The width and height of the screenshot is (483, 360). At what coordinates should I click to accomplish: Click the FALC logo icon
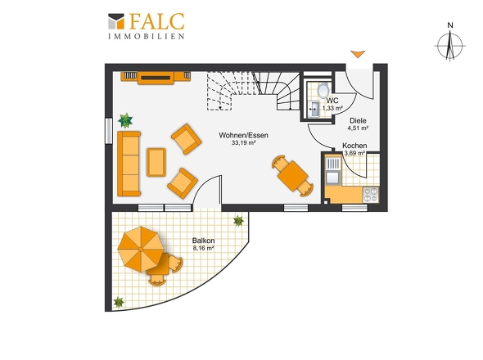click(116, 21)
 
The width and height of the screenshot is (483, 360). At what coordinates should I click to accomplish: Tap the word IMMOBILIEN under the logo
click(147, 36)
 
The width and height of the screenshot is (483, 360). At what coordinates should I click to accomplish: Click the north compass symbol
click(450, 46)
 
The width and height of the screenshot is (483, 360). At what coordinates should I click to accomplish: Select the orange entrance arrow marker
click(358, 54)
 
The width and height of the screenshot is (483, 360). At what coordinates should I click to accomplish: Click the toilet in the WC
click(323, 90)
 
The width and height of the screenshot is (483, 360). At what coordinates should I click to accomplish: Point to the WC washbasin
click(314, 109)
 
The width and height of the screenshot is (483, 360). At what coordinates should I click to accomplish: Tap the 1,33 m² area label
click(332, 108)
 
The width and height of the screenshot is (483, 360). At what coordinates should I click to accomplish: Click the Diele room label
click(358, 121)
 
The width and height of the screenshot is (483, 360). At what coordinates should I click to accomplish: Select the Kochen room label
click(354, 146)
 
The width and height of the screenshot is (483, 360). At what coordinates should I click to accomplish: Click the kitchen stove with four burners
click(371, 195)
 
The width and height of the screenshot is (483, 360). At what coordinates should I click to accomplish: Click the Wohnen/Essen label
click(243, 135)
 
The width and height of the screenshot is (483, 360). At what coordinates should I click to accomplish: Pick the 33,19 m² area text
click(243, 143)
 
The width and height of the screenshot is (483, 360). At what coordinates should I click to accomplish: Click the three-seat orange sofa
click(129, 164)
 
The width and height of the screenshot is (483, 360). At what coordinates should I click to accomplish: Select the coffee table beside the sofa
click(156, 162)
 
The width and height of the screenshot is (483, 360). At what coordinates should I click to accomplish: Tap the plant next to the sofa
click(125, 120)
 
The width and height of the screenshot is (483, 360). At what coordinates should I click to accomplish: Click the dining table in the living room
click(292, 176)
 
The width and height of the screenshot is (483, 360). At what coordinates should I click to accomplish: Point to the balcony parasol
click(141, 249)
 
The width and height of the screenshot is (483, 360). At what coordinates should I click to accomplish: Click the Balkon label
click(203, 241)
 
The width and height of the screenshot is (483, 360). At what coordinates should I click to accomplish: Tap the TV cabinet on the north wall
click(156, 78)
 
